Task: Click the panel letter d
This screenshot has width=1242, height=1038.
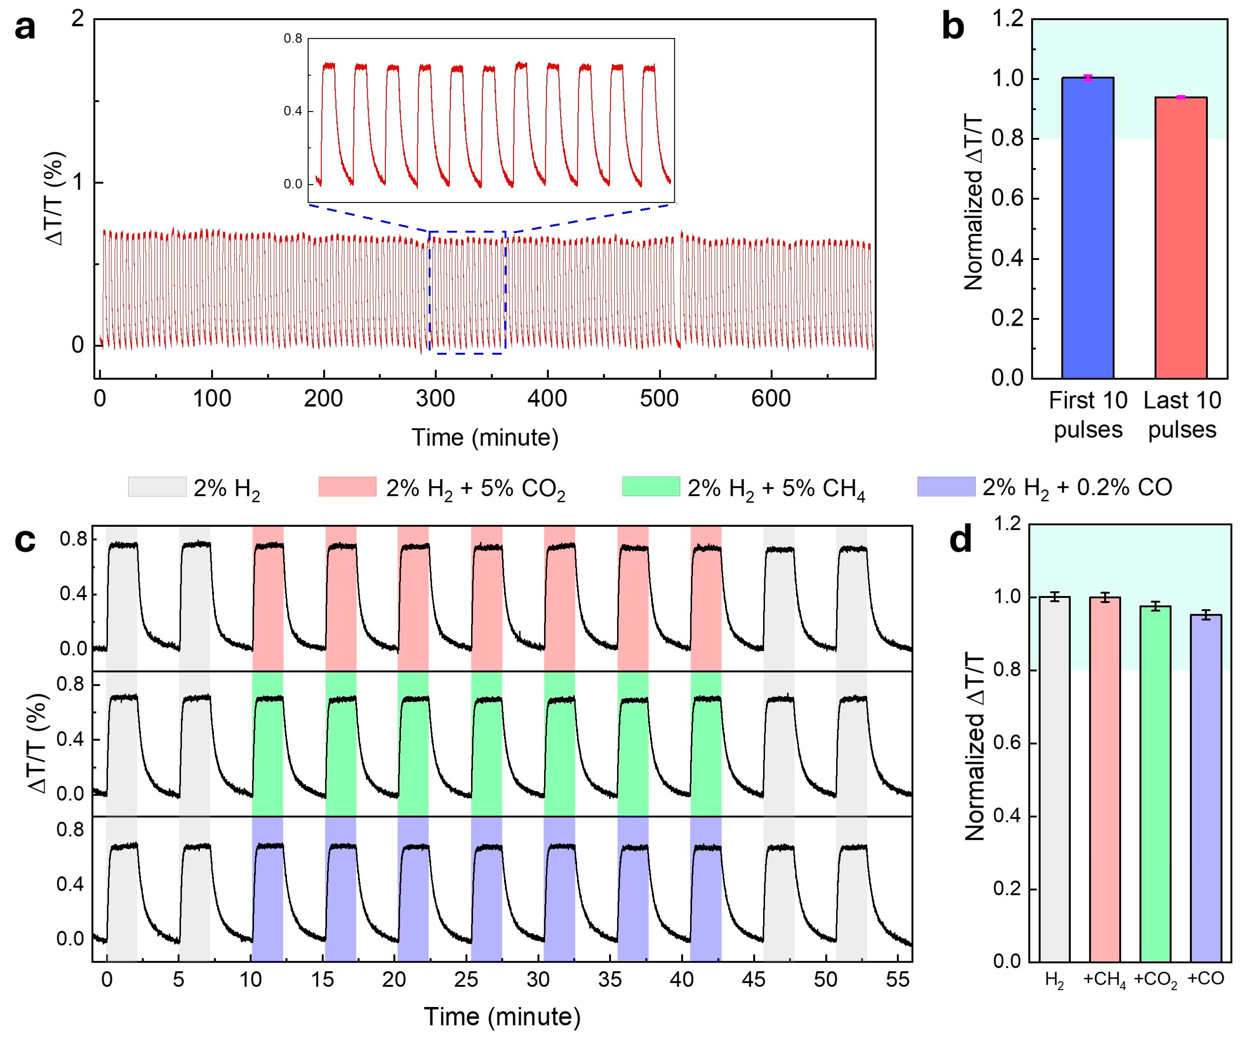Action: click(x=961, y=539)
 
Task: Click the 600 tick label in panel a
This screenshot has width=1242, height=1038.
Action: click(x=771, y=398)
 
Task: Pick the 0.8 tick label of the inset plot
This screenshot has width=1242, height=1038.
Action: click(x=293, y=39)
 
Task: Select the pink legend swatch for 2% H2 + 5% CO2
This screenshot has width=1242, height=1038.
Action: click(x=347, y=486)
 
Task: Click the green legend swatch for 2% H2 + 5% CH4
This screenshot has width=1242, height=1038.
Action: click(x=650, y=486)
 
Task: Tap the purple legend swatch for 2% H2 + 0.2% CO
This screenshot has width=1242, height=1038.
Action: click(x=946, y=486)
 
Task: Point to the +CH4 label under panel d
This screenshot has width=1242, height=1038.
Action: click(x=1104, y=980)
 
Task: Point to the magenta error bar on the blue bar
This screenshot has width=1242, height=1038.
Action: click(x=1088, y=77)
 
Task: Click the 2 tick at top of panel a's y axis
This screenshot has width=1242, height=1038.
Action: click(x=77, y=20)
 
